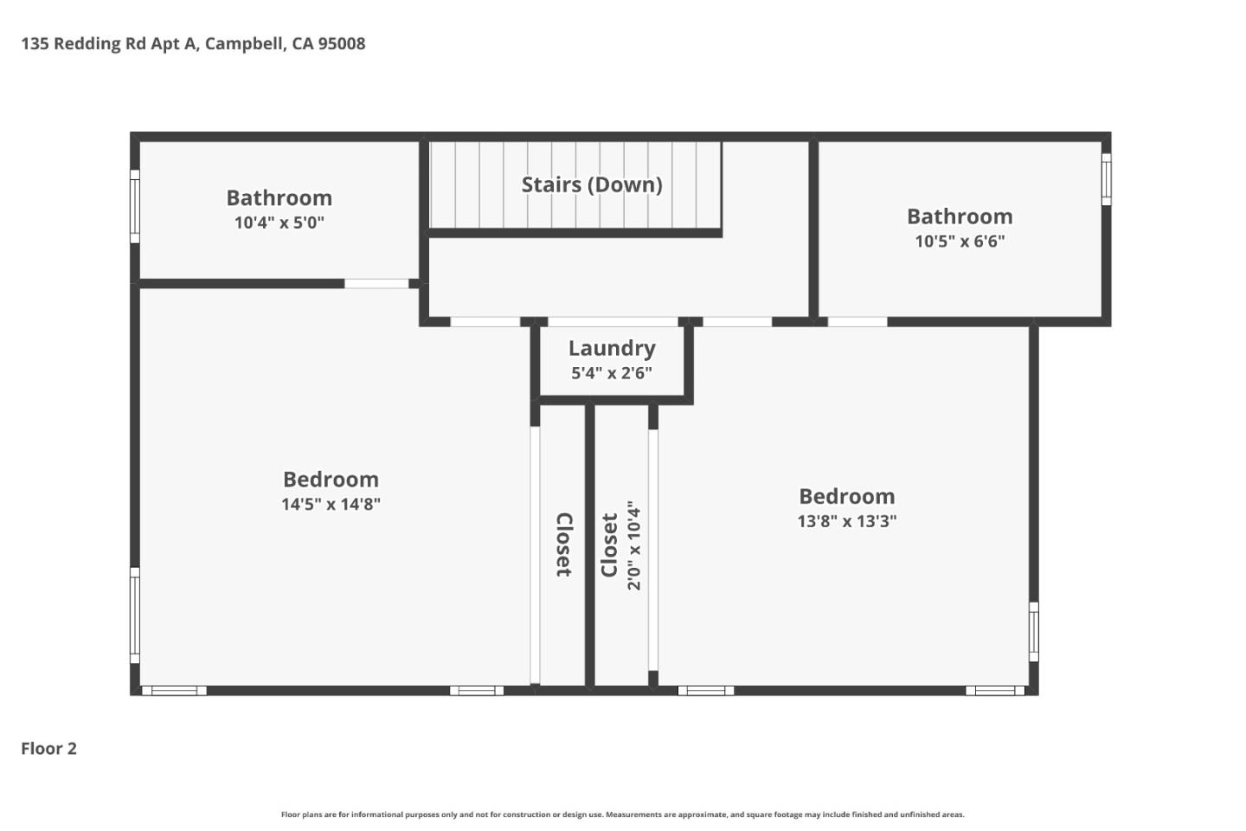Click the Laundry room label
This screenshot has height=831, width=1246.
(612, 348)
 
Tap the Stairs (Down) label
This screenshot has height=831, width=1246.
(592, 184)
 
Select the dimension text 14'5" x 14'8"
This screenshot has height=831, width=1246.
(331, 504)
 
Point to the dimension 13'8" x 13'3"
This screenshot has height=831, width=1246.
(846, 521)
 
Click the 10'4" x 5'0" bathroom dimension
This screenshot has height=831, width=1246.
(279, 222)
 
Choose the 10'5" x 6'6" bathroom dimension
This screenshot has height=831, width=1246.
(960, 242)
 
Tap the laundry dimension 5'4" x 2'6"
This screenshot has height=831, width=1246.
(612, 373)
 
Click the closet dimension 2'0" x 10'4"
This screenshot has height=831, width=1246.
(634, 545)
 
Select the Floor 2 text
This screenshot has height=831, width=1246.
(49, 749)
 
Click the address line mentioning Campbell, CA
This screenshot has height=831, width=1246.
(193, 43)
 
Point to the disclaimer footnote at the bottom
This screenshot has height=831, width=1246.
(622, 815)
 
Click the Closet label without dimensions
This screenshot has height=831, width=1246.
(563, 545)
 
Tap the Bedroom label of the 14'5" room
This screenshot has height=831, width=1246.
(331, 480)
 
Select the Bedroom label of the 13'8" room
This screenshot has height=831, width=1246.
(846, 496)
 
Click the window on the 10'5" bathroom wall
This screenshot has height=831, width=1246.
(1106, 179)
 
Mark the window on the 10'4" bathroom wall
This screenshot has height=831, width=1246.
(135, 207)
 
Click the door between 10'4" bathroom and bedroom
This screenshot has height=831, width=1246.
(376, 284)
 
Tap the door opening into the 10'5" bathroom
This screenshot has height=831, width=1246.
(857, 322)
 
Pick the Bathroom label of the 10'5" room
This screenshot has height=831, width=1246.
(960, 216)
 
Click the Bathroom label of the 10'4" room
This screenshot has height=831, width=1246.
(279, 197)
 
